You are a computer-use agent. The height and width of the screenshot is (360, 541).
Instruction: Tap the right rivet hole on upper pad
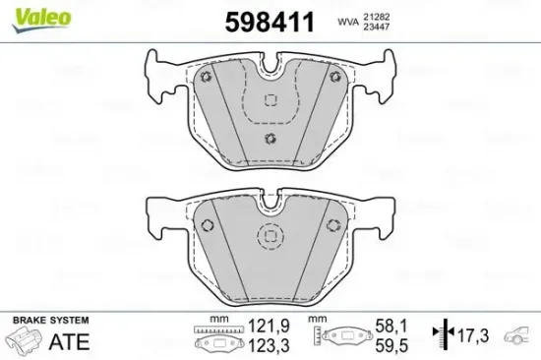(334, 79)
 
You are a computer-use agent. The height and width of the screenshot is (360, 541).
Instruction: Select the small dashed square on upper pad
(270, 100)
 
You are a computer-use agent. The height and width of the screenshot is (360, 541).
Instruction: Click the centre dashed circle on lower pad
(269, 237)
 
